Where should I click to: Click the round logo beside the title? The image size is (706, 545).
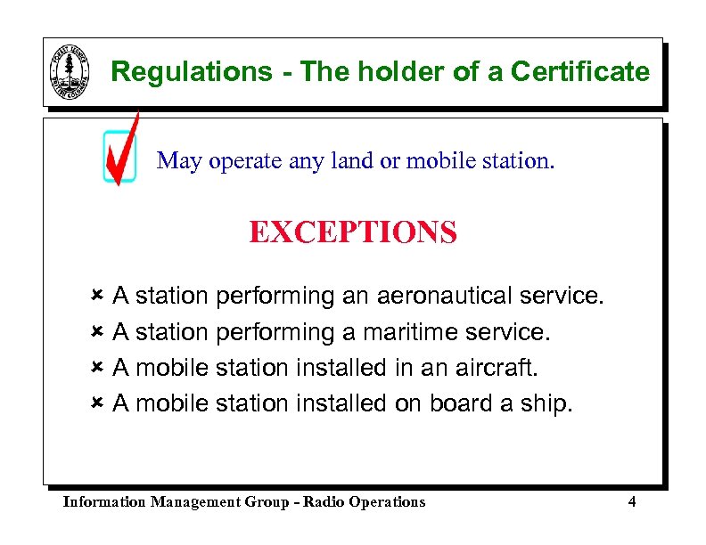(x=70, y=73)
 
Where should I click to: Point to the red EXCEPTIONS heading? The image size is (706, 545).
(x=353, y=233)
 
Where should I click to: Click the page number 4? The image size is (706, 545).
(x=631, y=501)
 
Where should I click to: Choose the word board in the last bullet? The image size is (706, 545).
(x=460, y=403)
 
